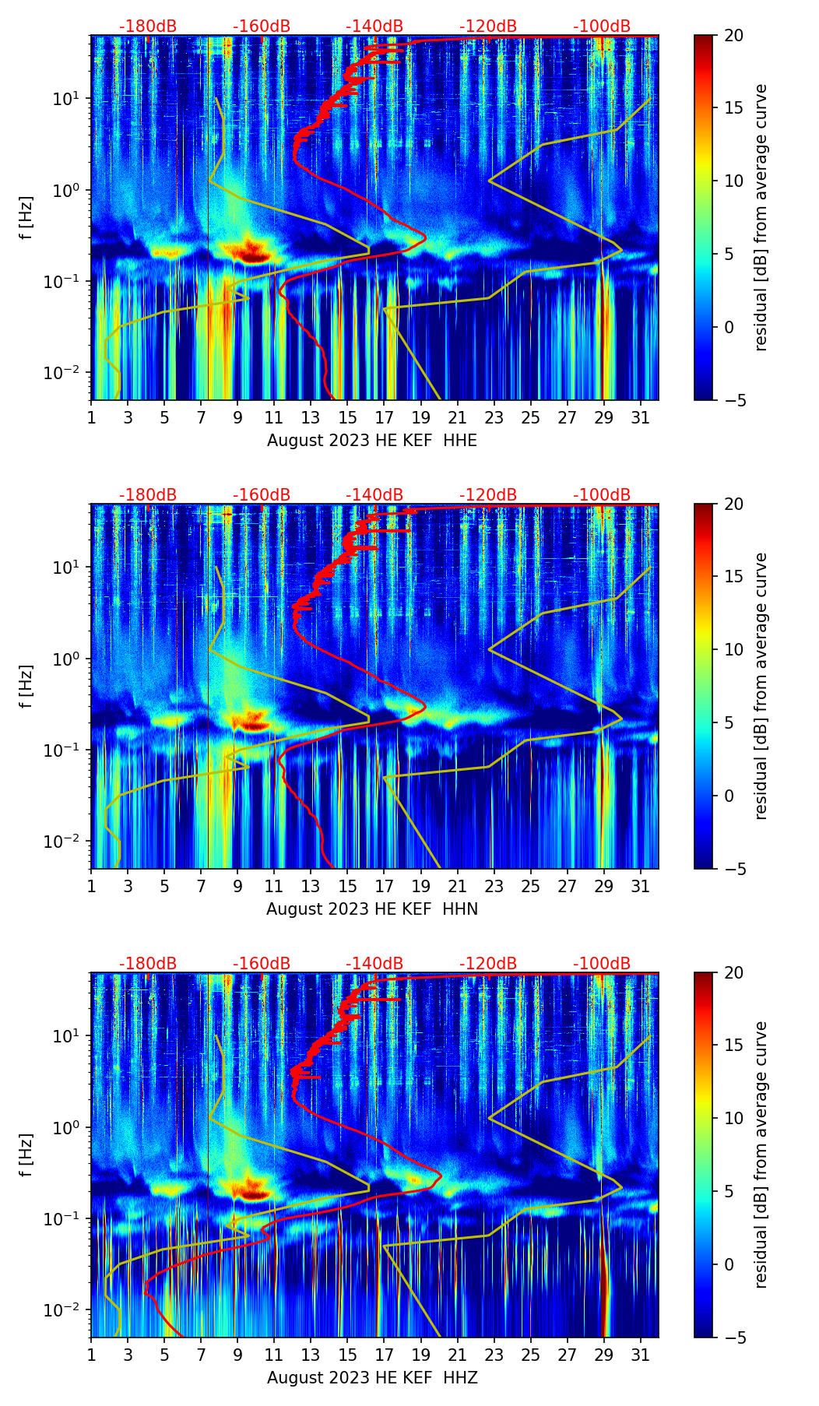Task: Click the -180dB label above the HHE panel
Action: point(148,26)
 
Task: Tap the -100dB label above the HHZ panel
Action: point(602,964)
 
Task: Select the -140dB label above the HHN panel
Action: point(374,495)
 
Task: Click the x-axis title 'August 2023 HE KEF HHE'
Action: point(372,441)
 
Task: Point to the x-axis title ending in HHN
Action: point(372,909)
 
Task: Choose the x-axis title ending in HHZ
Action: point(372,1378)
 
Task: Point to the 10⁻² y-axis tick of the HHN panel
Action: point(69,842)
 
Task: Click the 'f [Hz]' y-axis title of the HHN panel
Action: point(26,686)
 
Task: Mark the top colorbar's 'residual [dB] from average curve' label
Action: point(761,217)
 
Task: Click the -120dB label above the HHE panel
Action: point(488,26)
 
